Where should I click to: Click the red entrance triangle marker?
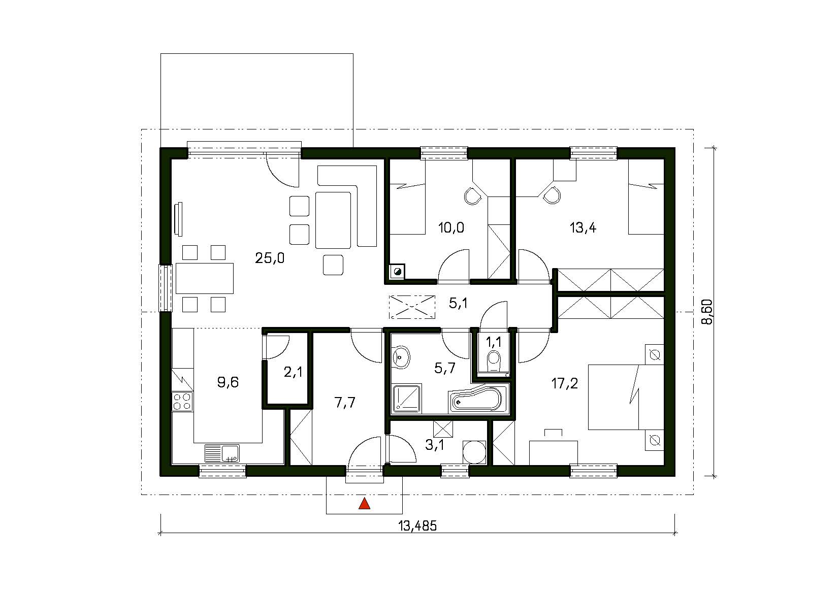365,504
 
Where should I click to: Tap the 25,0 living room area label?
270,258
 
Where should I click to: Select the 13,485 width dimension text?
418,527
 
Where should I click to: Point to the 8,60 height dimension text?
706,312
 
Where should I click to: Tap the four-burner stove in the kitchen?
182,402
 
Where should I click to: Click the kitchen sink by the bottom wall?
222,453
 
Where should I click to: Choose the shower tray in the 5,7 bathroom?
406,398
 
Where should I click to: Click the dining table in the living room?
204,278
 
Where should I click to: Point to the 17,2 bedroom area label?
564,383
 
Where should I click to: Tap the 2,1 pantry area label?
293,372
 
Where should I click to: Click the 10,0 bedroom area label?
451,227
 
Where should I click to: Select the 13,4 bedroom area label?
583,227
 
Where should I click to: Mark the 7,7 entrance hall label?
345,403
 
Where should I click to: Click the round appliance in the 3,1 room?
474,452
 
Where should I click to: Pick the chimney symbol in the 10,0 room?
397,272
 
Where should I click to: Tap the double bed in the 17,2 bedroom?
626,397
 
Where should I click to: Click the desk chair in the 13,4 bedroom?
552,194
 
